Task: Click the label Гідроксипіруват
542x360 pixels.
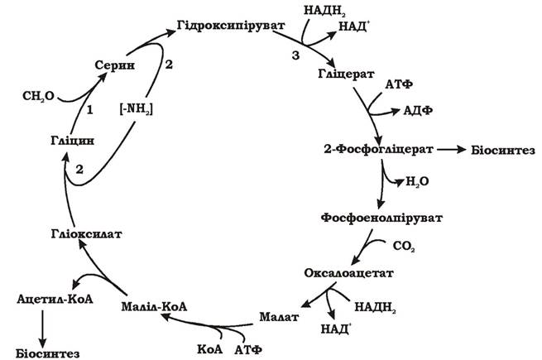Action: [x=231, y=26]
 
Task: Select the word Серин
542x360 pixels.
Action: [x=115, y=65]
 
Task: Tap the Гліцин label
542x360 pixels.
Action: [x=72, y=141]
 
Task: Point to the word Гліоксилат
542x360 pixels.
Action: [x=86, y=234]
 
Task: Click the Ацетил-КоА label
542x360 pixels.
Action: [x=55, y=299]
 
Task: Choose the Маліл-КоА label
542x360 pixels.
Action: [x=154, y=306]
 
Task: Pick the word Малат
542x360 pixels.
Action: [x=279, y=317]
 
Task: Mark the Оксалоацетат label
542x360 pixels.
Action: [x=348, y=273]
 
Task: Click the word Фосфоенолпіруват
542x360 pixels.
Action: [x=381, y=218]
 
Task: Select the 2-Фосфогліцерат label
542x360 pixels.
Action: [x=378, y=150]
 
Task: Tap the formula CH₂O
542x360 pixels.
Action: [x=38, y=96]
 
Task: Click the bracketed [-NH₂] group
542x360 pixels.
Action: [x=137, y=109]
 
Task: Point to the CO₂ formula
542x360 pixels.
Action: [x=404, y=247]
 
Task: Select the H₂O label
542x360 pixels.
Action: [x=417, y=181]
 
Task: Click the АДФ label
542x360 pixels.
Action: [x=418, y=111]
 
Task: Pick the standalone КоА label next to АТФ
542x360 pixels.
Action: [x=210, y=349]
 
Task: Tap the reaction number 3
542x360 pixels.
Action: [x=295, y=55]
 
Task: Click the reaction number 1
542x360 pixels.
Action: [x=90, y=110]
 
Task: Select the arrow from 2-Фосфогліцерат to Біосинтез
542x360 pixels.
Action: [x=452, y=150]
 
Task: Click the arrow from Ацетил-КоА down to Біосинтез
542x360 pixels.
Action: [x=42, y=329]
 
